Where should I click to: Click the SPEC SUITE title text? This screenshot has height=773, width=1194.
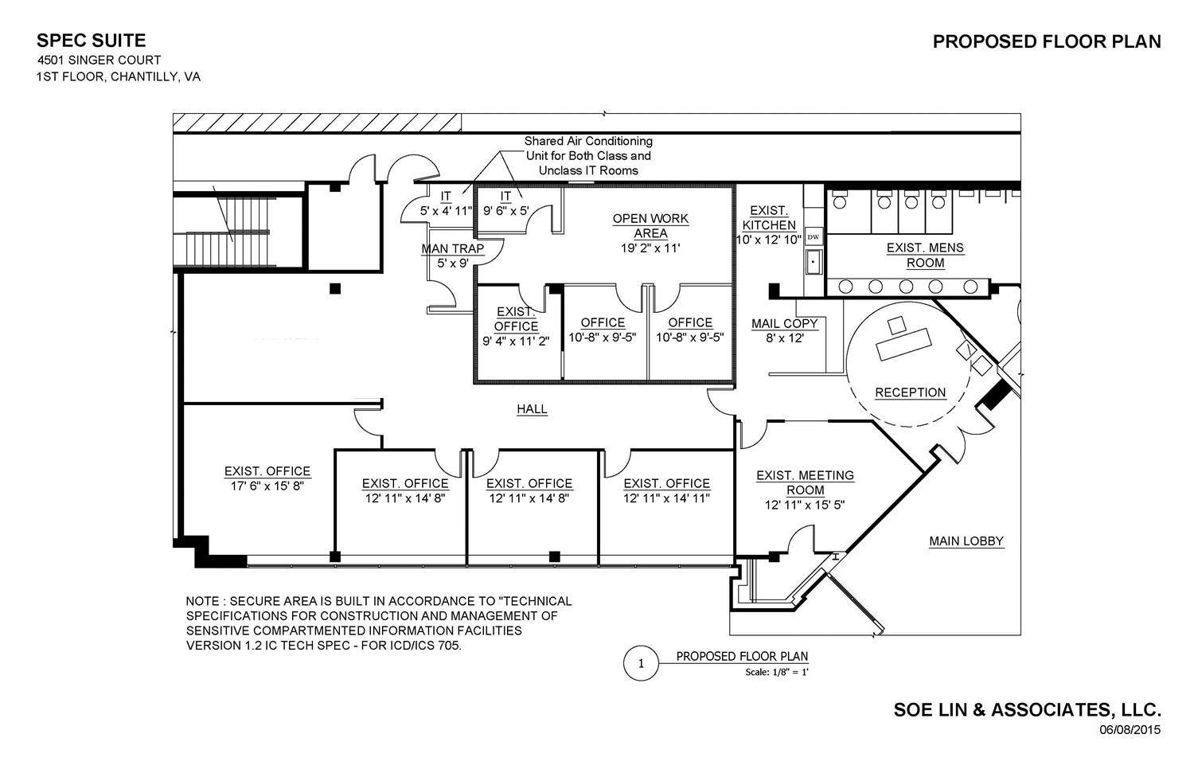[91, 41]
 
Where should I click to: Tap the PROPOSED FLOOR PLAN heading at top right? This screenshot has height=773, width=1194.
[1046, 42]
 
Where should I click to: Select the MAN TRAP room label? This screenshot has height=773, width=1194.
[452, 249]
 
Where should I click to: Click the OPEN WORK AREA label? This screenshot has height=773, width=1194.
[650, 226]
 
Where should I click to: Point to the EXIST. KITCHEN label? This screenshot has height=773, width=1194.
[769, 218]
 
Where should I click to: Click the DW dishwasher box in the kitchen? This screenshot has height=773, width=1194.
[813, 237]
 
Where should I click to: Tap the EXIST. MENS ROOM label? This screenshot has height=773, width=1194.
[925, 255]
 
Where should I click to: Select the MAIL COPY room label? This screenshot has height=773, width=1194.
[785, 323]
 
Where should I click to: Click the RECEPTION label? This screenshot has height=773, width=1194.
[910, 392]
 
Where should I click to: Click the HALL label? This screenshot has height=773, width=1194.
[532, 409]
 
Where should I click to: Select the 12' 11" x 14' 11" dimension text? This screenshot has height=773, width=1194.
[666, 498]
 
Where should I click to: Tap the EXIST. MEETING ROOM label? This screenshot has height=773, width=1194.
[804, 482]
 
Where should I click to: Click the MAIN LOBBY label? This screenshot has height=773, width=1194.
[966, 541]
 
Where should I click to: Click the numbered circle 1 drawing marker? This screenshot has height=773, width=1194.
[640, 663]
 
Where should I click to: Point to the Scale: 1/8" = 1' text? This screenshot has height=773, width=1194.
[777, 672]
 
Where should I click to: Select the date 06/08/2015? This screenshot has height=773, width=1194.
[1130, 729]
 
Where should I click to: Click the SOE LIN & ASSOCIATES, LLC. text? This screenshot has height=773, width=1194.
[1027, 709]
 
